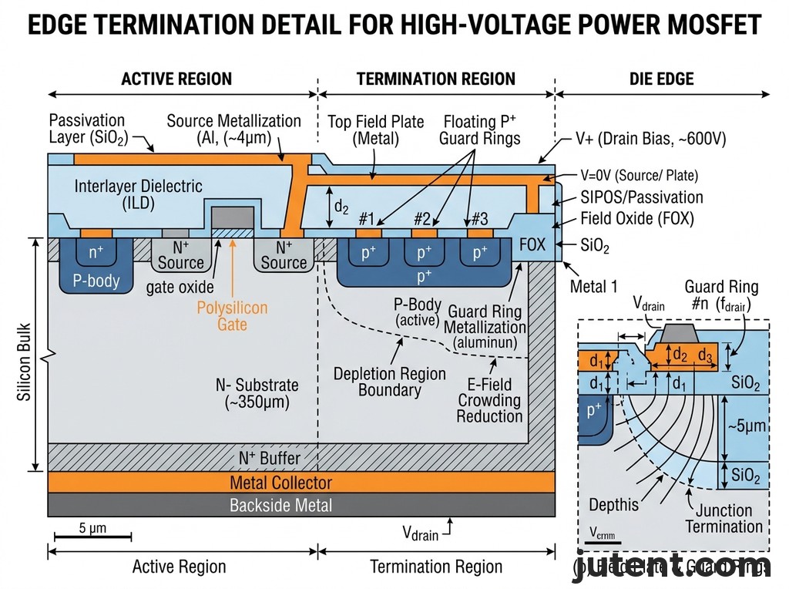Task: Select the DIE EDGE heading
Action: [x=661, y=79]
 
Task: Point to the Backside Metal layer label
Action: [x=281, y=506]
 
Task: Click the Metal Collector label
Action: [x=281, y=483]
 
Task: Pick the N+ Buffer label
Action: [x=270, y=458]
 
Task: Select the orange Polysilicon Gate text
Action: [x=232, y=316]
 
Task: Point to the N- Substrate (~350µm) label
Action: [x=257, y=392]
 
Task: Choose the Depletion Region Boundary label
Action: [x=389, y=382]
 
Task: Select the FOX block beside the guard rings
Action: [x=532, y=245]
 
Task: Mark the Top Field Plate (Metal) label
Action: [x=376, y=130]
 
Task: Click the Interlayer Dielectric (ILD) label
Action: [x=139, y=194]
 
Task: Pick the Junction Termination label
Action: [x=724, y=518]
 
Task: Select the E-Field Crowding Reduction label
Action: [x=489, y=400]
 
